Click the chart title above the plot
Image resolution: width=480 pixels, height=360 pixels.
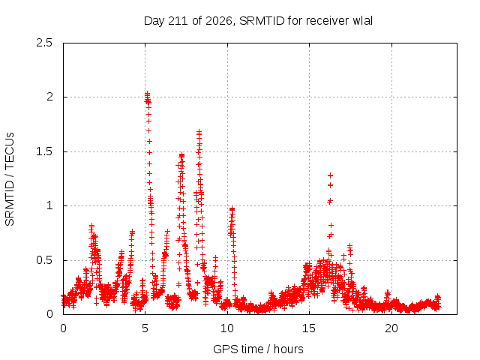258,21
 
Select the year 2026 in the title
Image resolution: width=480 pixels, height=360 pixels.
218,21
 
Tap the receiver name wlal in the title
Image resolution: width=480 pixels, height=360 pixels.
363,21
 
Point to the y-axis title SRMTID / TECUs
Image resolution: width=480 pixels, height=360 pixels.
10,179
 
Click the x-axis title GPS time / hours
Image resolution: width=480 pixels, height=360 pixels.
258,349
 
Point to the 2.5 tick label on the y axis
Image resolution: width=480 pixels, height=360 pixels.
44,43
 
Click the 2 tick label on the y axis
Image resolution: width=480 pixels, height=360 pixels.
49,97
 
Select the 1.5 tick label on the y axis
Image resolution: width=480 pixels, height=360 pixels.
44,151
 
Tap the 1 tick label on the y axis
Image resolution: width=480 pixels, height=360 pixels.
50,205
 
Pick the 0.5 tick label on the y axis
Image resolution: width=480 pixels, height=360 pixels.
44,260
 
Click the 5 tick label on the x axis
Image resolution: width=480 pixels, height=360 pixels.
145,328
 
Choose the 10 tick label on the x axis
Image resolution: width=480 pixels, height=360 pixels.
227,328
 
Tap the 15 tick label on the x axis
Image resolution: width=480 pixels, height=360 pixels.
309,328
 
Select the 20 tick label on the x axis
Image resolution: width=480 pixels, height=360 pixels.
391,328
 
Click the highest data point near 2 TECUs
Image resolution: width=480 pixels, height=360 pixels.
147,93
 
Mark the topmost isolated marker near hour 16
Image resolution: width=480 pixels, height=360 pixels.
330,175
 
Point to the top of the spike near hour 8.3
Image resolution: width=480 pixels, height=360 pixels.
199,132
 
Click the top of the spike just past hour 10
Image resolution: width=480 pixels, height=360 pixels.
232,208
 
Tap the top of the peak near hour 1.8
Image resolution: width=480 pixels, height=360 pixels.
91,226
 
